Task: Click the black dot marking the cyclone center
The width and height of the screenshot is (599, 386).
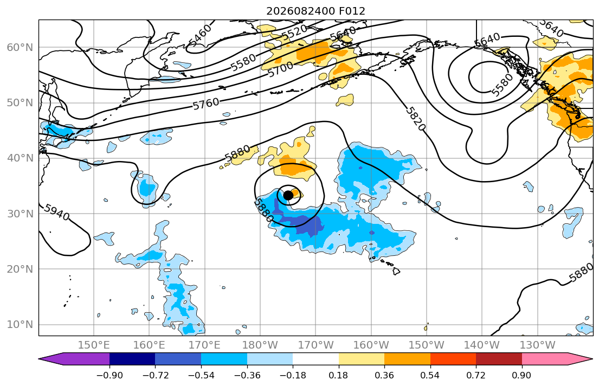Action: (288, 195)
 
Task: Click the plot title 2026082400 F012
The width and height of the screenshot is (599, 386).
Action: (315, 11)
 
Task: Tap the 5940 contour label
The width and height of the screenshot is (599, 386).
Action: (56, 212)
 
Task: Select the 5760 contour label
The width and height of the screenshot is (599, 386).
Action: (206, 104)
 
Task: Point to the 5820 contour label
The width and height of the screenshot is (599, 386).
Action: (415, 119)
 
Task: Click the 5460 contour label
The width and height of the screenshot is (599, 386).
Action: (199, 36)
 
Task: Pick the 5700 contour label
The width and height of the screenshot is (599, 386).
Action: (281, 69)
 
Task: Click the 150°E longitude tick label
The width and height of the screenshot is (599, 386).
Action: (94, 345)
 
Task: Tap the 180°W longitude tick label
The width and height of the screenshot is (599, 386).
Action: (260, 345)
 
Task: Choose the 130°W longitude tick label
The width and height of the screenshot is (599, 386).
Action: (538, 345)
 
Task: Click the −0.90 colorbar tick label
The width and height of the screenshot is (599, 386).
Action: (110, 375)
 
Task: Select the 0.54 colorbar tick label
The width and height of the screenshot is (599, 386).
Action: (430, 375)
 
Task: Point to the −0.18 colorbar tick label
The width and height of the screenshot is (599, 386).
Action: (293, 375)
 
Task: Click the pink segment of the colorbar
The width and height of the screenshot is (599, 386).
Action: (552, 359)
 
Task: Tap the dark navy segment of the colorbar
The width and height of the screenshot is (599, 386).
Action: (132, 359)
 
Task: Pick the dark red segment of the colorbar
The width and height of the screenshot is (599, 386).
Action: (499, 359)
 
